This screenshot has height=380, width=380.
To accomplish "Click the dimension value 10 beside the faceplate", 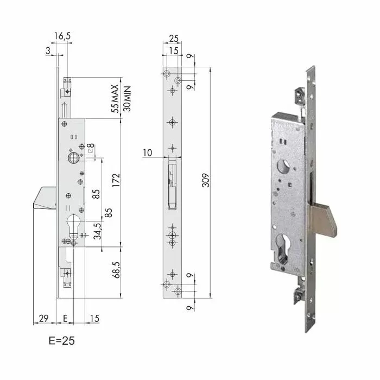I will [148, 154].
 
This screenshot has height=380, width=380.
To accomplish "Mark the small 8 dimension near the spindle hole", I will [91, 147].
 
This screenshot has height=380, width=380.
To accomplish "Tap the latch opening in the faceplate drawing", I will [172, 182].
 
